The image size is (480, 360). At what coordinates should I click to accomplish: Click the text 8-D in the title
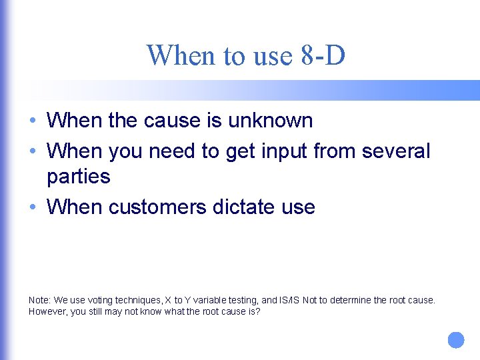pyautogui.click(x=323, y=55)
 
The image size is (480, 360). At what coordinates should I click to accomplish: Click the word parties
pyautogui.click(x=78, y=177)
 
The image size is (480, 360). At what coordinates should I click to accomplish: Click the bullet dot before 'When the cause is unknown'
pyautogui.click(x=33, y=121)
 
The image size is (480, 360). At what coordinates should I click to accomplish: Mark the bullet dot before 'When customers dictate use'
pyautogui.click(x=33, y=208)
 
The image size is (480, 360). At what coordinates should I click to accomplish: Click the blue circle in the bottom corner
pyautogui.click(x=455, y=340)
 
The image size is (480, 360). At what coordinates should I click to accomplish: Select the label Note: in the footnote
pyautogui.click(x=39, y=300)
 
